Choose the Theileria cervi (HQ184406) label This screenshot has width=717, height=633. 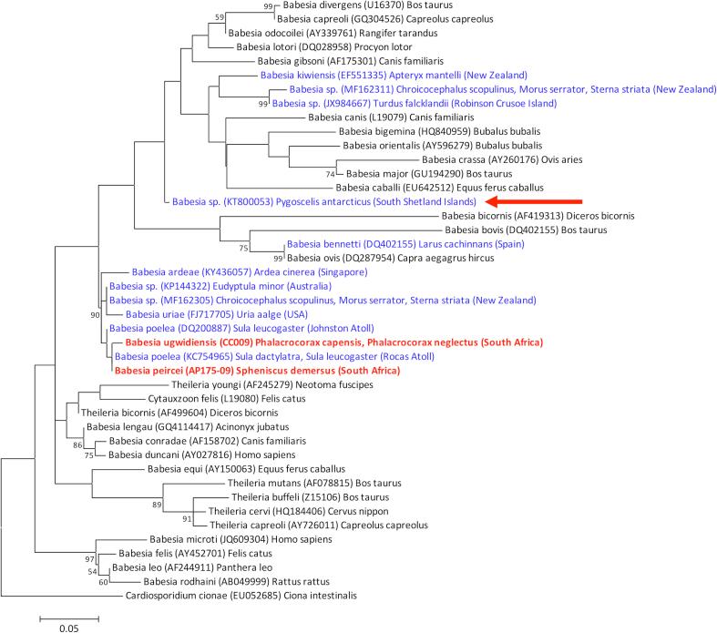coord(298,512)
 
